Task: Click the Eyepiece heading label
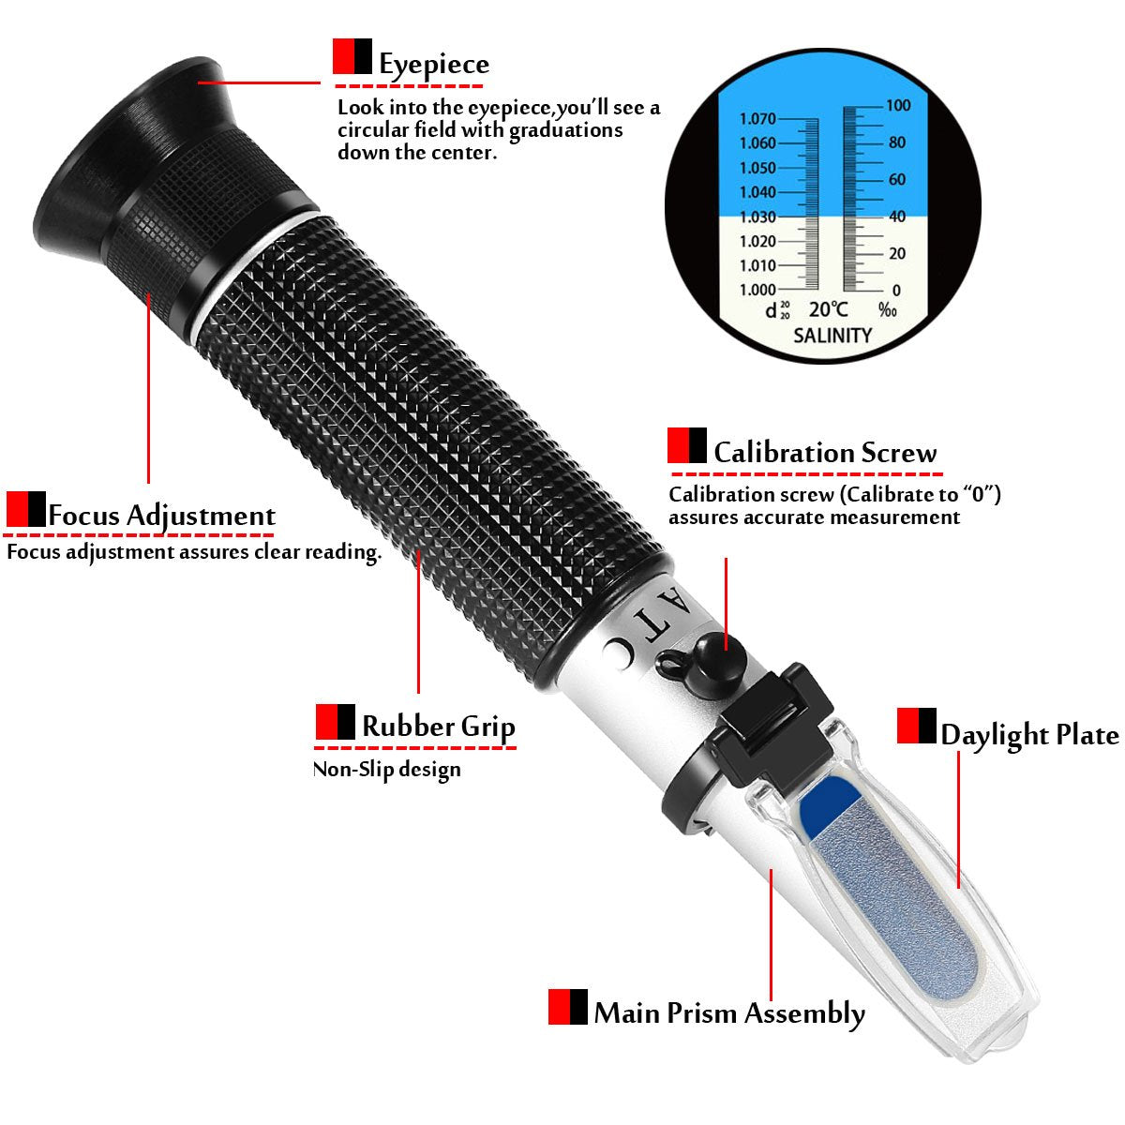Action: pos(433,65)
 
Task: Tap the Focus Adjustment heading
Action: pos(161,516)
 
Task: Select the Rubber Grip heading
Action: pos(438,727)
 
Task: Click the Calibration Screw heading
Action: pos(824,453)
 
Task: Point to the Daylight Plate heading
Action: pos(1029,735)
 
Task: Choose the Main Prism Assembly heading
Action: pos(728,1013)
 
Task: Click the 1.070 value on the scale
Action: pos(757,119)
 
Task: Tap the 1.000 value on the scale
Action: pos(757,290)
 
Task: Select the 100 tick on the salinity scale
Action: pos(898,106)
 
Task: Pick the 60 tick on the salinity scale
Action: pos(897,180)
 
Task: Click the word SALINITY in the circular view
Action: pos(832,335)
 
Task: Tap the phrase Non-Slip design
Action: pos(386,770)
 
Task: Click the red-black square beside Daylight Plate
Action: pos(916,726)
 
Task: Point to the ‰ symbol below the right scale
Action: pos(887,309)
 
